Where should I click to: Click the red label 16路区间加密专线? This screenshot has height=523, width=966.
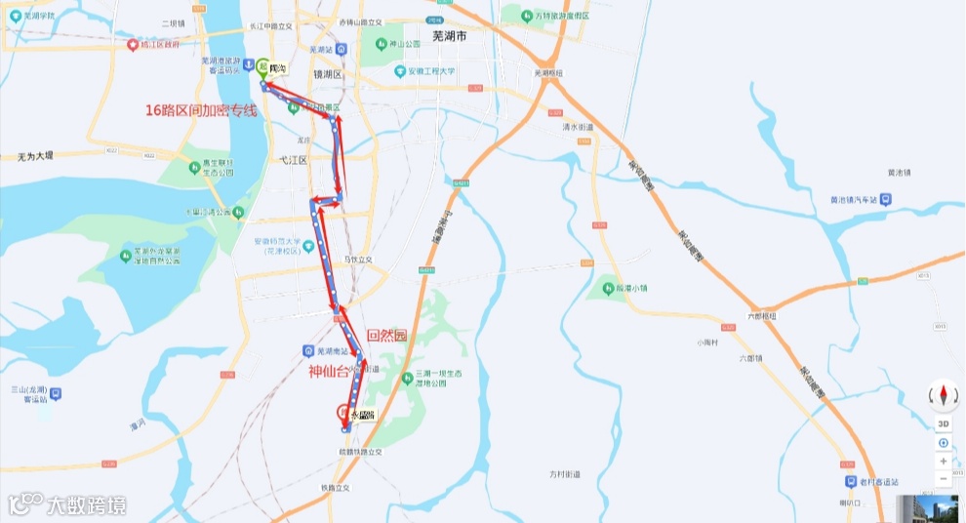click(200, 110)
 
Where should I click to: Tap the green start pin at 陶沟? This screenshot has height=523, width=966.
click(263, 67)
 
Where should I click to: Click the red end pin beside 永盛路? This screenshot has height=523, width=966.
click(343, 412)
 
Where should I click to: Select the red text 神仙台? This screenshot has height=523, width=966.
click(329, 371)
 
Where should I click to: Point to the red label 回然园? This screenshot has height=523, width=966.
click(385, 335)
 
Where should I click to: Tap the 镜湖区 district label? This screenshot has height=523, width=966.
click(327, 74)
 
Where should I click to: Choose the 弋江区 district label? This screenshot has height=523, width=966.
click(293, 159)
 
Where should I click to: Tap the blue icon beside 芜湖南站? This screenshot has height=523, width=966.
click(307, 350)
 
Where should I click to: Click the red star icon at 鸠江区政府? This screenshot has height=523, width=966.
click(133, 44)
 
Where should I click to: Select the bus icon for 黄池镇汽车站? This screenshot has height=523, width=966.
click(884, 200)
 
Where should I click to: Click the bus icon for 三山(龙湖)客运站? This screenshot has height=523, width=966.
click(56, 394)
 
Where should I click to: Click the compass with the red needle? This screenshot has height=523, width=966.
click(944, 395)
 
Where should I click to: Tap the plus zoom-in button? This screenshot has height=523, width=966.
click(944, 461)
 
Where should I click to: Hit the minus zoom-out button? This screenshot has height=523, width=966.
click(944, 479)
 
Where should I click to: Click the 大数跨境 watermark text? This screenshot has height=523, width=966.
click(86, 504)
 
